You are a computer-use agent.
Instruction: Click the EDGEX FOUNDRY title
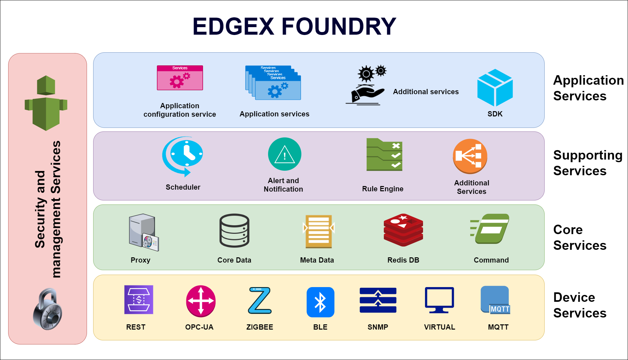pos(294,27)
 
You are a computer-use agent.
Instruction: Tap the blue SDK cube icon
pos(495,88)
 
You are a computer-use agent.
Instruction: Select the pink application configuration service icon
pos(180,78)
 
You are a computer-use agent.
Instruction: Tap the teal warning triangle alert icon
pos(284,154)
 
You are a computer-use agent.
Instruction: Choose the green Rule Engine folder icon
pos(384,155)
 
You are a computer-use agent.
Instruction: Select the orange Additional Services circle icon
pos(470,156)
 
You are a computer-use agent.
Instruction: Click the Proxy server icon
pos(143,232)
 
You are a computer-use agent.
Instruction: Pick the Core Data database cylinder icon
pos(234,231)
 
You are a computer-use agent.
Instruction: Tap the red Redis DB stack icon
pos(403,230)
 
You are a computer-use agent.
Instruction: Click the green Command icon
pos(490,229)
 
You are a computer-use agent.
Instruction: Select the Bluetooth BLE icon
pos(320,302)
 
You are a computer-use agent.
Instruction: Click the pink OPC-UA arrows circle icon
pos(201,301)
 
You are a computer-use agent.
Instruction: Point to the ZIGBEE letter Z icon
pos(260,300)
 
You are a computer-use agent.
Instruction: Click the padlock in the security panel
pos(48,309)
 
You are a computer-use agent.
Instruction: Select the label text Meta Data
pos(317,260)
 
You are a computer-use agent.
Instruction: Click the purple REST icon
pos(139,300)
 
